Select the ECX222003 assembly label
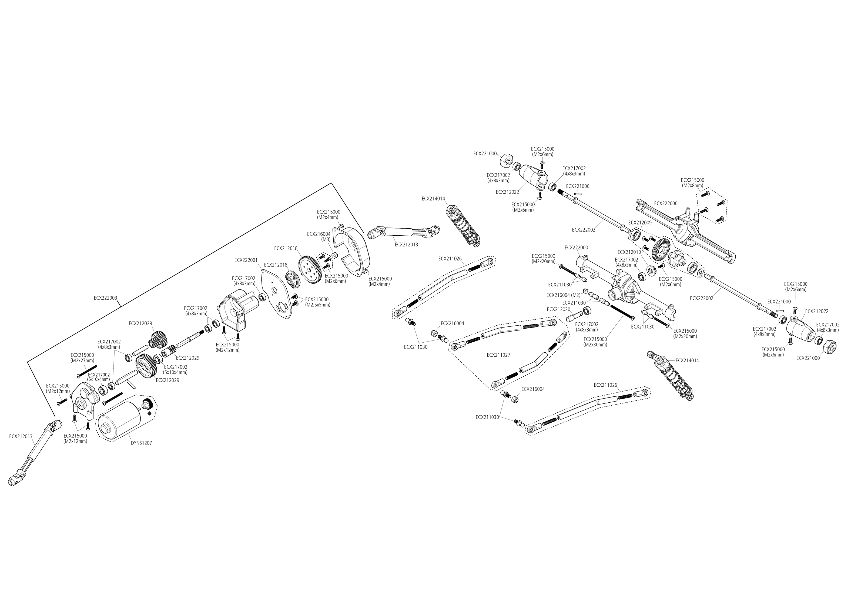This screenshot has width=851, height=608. click(106, 298)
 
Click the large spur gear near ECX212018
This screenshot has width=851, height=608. click(310, 268)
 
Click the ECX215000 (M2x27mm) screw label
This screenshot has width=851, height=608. click(82, 358)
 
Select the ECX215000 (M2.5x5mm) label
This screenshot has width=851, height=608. click(317, 302)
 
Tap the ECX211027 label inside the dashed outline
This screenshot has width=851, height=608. click(498, 355)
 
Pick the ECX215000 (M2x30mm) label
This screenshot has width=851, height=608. click(595, 342)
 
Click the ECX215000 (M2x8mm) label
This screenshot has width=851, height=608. click(692, 182)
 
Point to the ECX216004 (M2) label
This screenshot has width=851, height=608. click(563, 295)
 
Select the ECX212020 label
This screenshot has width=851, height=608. click(558, 309)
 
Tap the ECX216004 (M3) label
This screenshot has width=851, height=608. click(319, 237)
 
